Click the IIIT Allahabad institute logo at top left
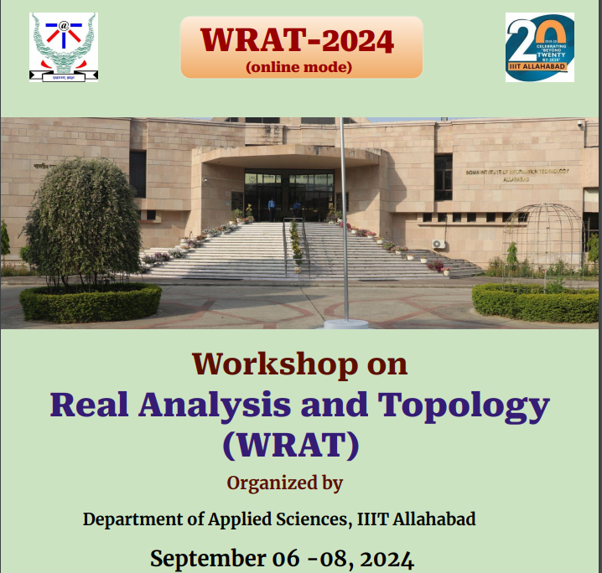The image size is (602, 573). tap(64, 47)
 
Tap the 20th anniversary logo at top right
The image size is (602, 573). tap(540, 47)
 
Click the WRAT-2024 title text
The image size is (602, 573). tap(298, 39)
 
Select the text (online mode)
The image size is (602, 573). tap(298, 66)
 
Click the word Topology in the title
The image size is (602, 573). tap(464, 405)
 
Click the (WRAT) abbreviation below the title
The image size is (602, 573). tap(290, 444)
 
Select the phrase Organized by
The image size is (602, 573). tap(285, 483)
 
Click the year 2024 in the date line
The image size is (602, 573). tap(382, 558)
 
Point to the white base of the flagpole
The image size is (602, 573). tap(345, 323)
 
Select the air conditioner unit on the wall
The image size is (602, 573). tap(439, 245)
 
